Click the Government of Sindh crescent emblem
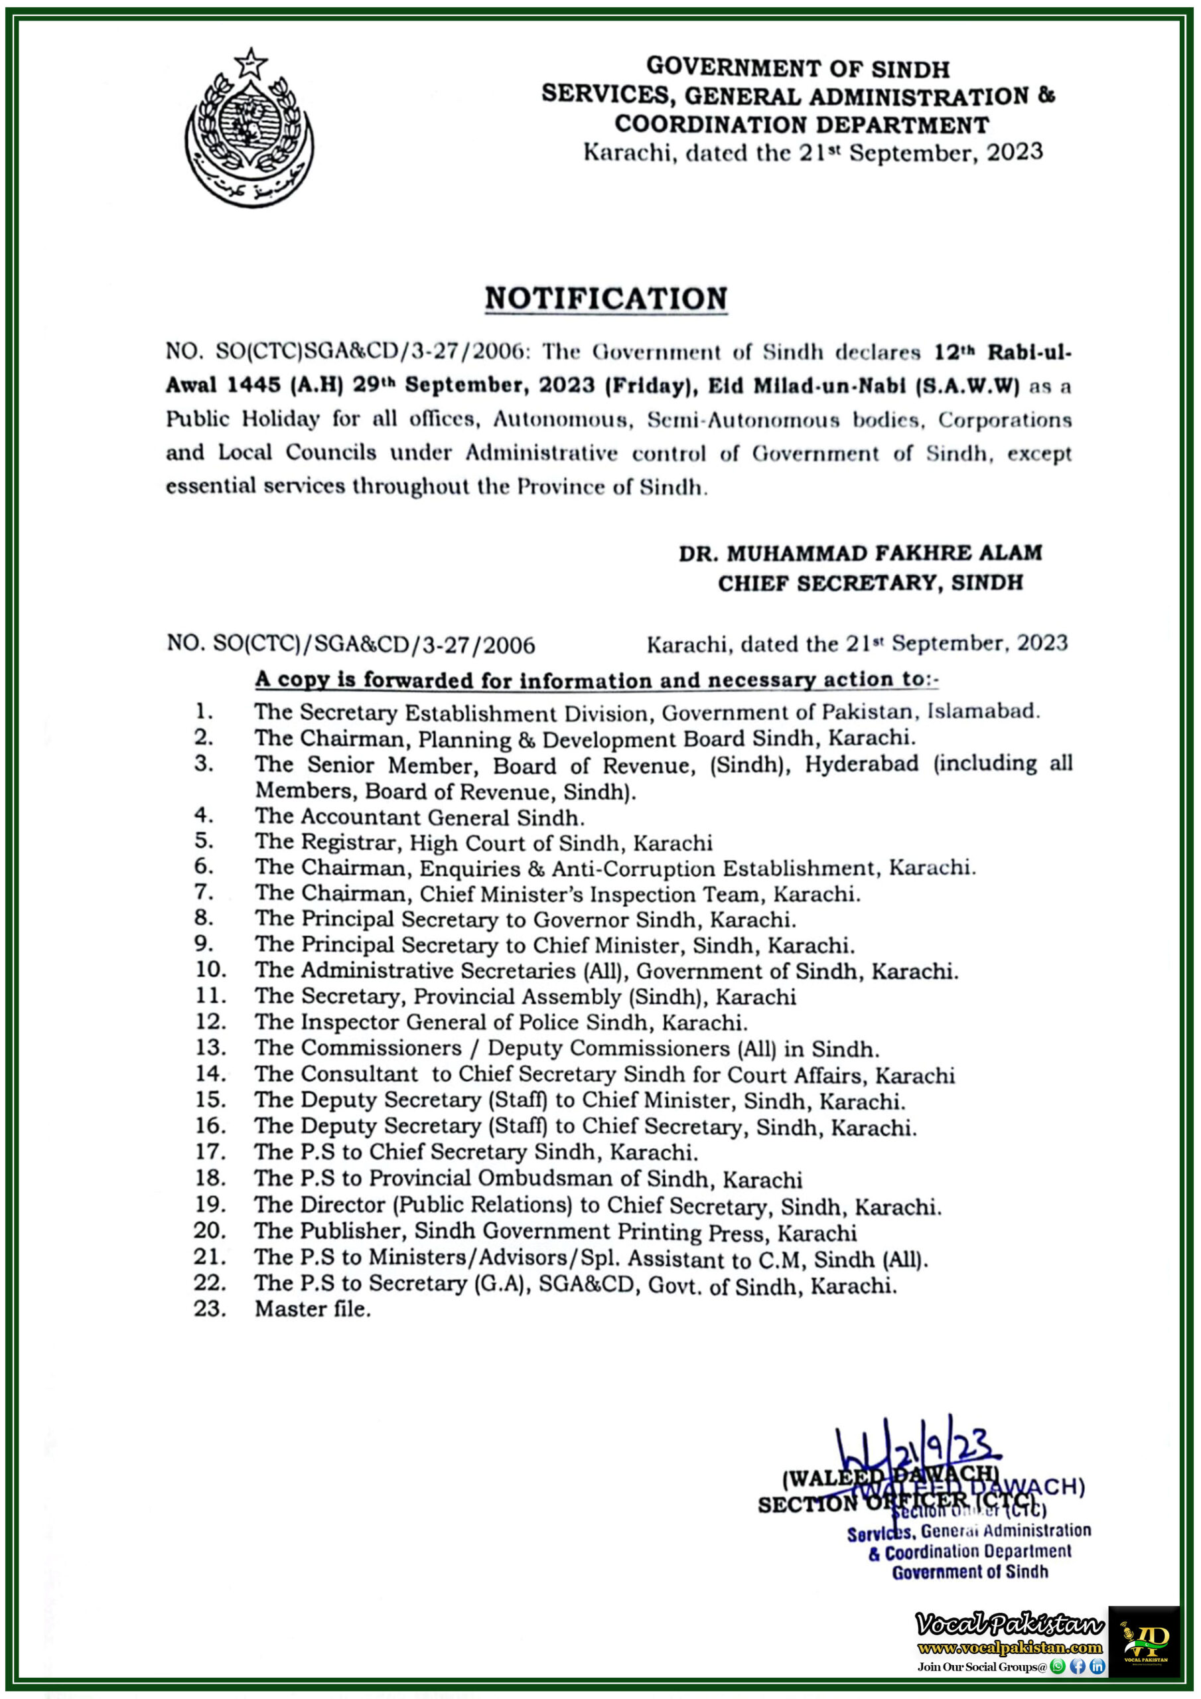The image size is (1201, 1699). pos(249,129)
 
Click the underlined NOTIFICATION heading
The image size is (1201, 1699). pos(605,299)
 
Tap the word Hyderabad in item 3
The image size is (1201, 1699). pos(861,764)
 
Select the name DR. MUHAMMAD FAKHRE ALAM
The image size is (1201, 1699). pos(860,553)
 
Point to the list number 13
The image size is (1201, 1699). pos(210,1048)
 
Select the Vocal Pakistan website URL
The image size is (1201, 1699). pos(1009,1647)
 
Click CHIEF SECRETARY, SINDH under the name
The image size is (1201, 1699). pos(869,583)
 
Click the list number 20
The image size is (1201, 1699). pos(210,1230)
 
